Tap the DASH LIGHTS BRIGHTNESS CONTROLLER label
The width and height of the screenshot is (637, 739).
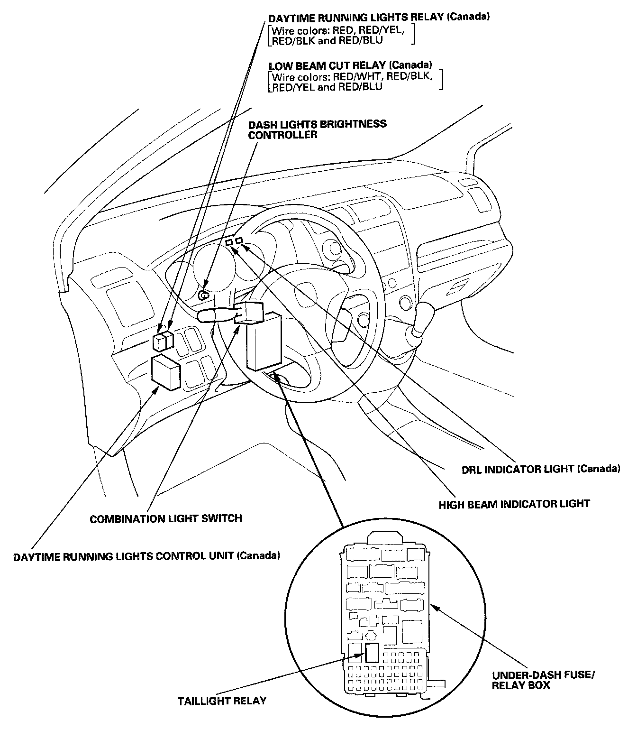(x=318, y=129)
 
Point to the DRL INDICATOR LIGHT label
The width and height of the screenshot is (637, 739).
(x=540, y=469)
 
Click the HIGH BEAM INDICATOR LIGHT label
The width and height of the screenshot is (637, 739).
(x=514, y=504)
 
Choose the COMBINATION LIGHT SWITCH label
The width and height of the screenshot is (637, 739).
(x=166, y=518)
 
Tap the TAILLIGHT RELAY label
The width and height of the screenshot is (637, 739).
(x=222, y=701)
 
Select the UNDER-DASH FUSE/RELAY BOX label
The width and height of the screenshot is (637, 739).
(x=542, y=680)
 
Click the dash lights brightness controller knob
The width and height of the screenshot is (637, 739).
(x=204, y=295)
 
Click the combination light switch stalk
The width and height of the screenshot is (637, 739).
(x=216, y=314)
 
